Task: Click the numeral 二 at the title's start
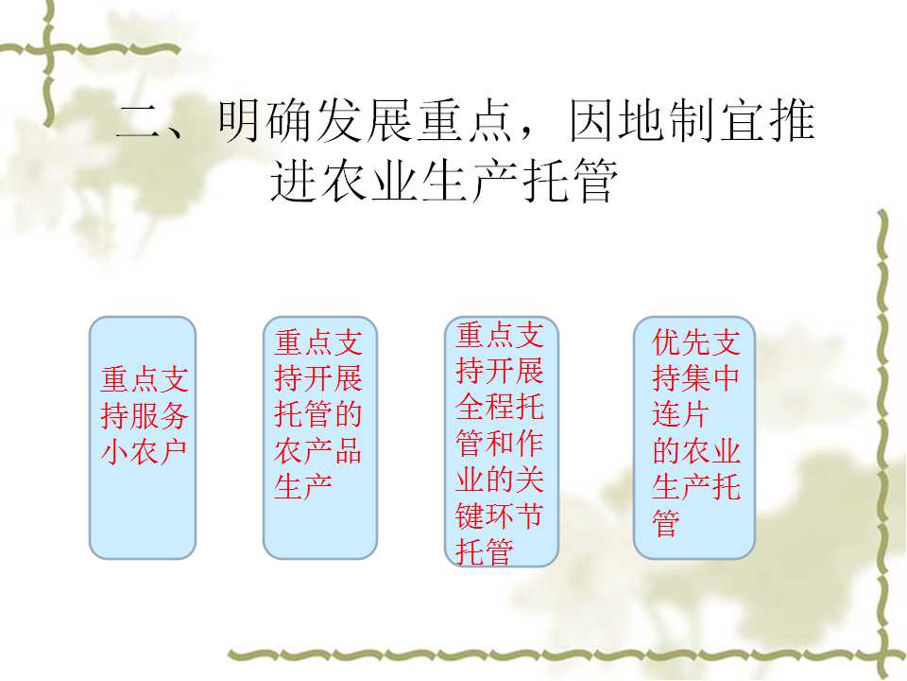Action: click(138, 122)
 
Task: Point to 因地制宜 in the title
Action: click(692, 121)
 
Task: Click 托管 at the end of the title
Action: click(569, 181)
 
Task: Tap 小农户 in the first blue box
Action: click(144, 452)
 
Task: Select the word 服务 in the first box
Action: click(159, 416)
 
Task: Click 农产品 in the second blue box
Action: click(318, 451)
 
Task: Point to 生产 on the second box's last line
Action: click(303, 487)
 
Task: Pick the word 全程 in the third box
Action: click(485, 407)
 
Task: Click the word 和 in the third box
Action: click(500, 444)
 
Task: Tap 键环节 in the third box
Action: click(499, 515)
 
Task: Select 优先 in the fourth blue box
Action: click(681, 342)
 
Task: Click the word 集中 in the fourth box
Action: click(710, 378)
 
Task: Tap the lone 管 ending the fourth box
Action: click(666, 523)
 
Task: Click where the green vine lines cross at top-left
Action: click(48, 49)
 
